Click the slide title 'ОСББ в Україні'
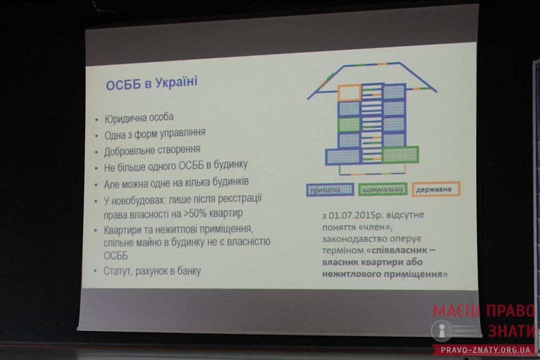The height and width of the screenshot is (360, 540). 152,83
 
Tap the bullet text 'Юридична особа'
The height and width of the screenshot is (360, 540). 139,118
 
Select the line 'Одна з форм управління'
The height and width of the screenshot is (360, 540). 154,133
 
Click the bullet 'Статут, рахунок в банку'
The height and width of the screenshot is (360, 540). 152,271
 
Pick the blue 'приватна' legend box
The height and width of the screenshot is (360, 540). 330,189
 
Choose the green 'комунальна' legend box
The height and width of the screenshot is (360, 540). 383,189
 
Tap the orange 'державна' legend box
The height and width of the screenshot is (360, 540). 436,189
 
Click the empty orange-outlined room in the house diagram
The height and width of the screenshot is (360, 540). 349,93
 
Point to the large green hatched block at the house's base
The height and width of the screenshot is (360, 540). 400,154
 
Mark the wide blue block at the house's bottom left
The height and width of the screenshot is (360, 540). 343,157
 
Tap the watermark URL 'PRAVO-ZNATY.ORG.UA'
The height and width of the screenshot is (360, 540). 485,350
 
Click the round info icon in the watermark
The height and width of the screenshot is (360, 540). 442,331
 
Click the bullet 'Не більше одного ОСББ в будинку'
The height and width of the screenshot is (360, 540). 175,166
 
